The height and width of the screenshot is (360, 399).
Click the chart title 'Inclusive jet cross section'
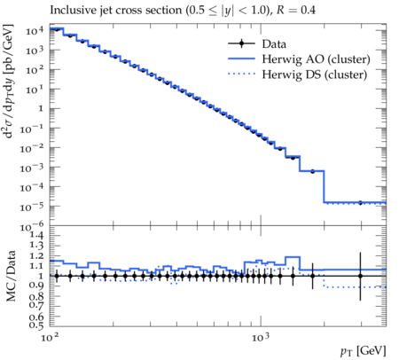pyautogui.click(x=116, y=11)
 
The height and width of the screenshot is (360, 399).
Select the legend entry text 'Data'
pyautogui.click(x=274, y=44)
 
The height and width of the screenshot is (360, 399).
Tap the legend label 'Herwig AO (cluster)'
pyautogui.click(x=316, y=59)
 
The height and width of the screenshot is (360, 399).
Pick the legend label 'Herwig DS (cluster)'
pyautogui.click(x=315, y=74)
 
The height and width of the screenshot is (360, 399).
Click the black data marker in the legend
pyautogui.click(x=241, y=43)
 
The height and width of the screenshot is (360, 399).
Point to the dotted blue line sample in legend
pyautogui.click(x=241, y=74)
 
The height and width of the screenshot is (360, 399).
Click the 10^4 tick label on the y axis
pyautogui.click(x=35, y=30)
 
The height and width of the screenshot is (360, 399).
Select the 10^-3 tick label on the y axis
pyautogui.click(x=32, y=168)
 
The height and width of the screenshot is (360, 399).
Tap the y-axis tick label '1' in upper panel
pyautogui.click(x=41, y=109)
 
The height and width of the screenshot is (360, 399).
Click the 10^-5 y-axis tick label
pyautogui.click(x=32, y=207)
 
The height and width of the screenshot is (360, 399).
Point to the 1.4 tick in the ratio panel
pyautogui.click(x=37, y=235)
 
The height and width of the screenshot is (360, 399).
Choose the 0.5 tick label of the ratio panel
pyautogui.click(x=37, y=325)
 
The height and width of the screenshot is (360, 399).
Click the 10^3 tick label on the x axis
pyautogui.click(x=261, y=337)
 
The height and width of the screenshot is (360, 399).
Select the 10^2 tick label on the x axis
pyautogui.click(x=50, y=337)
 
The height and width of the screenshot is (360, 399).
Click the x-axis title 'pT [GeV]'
pyautogui.click(x=364, y=351)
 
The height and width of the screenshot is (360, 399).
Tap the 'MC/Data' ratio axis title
pyautogui.click(x=11, y=276)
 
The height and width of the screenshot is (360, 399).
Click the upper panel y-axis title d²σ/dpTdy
pyautogui.click(x=9, y=82)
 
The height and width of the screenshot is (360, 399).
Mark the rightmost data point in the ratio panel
pyautogui.click(x=360, y=276)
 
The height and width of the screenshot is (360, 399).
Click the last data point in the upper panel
pyautogui.click(x=360, y=203)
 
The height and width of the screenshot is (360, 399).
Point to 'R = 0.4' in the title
pyautogui.click(x=295, y=11)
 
